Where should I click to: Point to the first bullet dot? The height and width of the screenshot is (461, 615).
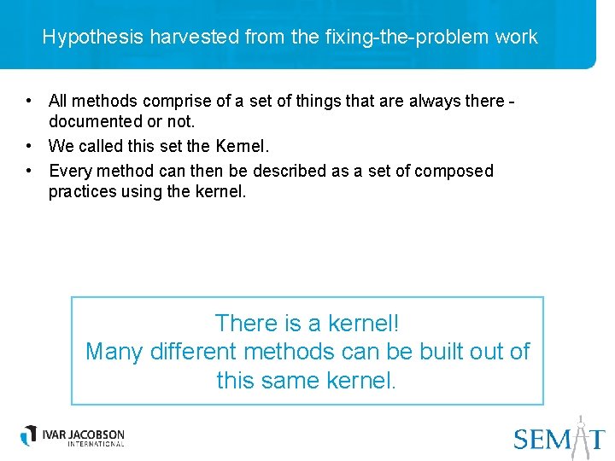tap(30, 101)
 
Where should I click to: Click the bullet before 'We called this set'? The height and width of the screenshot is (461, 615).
tap(30, 146)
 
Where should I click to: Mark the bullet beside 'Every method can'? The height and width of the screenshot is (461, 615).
tap(30, 171)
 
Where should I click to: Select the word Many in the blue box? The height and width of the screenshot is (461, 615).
tap(114, 351)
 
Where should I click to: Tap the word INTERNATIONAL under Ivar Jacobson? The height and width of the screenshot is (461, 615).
tap(84, 444)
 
